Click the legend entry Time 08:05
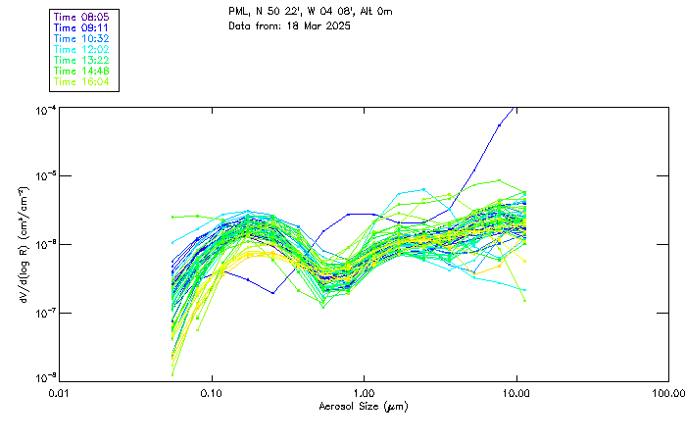pyautogui.click(x=82, y=17)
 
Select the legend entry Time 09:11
pyautogui.click(x=82, y=27)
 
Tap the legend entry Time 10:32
pyautogui.click(x=82, y=38)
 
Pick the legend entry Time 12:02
pyautogui.click(x=82, y=49)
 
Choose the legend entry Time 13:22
pyautogui.click(x=82, y=60)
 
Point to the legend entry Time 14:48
pyautogui.click(x=82, y=71)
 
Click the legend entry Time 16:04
pyautogui.click(x=82, y=81)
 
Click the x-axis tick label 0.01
pyautogui.click(x=60, y=392)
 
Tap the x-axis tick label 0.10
pyautogui.click(x=212, y=392)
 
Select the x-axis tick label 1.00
pyautogui.click(x=365, y=392)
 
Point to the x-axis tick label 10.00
pyautogui.click(x=516, y=392)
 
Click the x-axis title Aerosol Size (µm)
pyautogui.click(x=364, y=406)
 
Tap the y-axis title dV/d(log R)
pyautogui.click(x=23, y=242)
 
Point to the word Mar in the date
pyautogui.click(x=308, y=25)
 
